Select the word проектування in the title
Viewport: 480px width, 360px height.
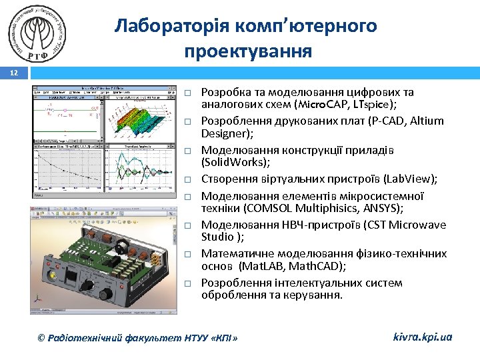pyautogui.click(x=248, y=51)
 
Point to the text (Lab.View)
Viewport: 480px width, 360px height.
pyautogui.click(x=412, y=179)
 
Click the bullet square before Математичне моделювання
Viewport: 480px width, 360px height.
pyautogui.click(x=189, y=255)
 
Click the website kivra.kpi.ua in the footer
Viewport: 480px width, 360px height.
pyautogui.click(x=423, y=337)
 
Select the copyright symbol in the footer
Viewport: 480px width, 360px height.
pyautogui.click(x=42, y=338)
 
